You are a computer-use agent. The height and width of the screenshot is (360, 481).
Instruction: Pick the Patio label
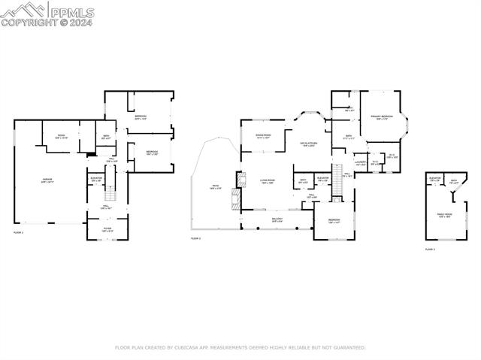pos(216,186)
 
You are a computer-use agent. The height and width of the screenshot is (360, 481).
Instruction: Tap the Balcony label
pos(277,219)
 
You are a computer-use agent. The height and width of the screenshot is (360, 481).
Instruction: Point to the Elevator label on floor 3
pos(434,180)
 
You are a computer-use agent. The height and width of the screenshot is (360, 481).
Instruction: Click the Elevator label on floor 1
pos(96,179)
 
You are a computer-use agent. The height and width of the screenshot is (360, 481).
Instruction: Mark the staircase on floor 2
pos(337,173)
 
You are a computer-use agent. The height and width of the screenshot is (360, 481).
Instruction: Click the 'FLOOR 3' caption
pos(430,249)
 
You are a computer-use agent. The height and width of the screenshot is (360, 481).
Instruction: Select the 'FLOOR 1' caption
pos(19,233)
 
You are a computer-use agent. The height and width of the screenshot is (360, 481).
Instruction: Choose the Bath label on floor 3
pos(454,181)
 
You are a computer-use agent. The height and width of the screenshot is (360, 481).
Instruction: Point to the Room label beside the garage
pos(62,136)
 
